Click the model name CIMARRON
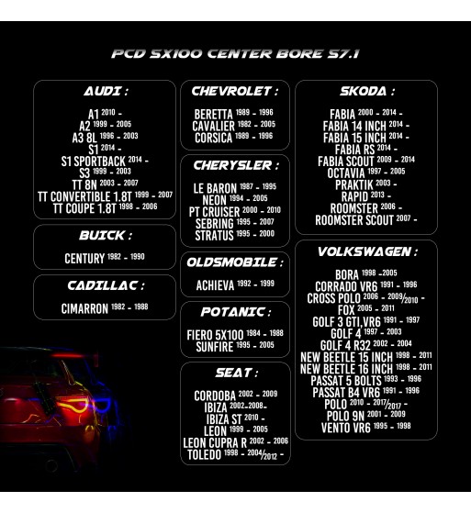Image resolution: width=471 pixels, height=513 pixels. pyautogui.click(x=84, y=308)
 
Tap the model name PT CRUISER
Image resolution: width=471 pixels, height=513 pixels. pyautogui.click(x=215, y=212)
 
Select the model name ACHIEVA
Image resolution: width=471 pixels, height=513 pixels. pyautogui.click(x=215, y=285)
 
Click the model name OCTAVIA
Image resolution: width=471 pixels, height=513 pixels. pyautogui.click(x=346, y=173)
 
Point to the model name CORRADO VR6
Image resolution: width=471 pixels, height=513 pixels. pyautogui.click(x=346, y=286)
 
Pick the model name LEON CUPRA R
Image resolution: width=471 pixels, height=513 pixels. pyautogui.click(x=215, y=443)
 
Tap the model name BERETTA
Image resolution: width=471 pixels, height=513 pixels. pyautogui.click(x=213, y=115)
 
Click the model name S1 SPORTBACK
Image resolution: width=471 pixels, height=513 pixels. pyautogui.click(x=94, y=162)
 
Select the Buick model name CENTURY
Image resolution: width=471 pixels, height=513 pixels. pyautogui.click(x=84, y=259)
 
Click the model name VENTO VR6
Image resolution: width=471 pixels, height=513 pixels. pyautogui.click(x=345, y=428)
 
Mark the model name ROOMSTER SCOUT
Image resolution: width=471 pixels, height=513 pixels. pyautogui.click(x=354, y=220)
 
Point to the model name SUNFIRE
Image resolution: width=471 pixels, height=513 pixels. pyautogui.click(x=215, y=347)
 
